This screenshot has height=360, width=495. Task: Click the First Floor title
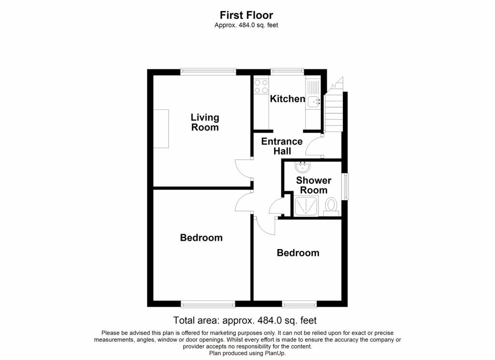click(x=247, y=15)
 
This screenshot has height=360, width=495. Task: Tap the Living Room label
click(x=205, y=122)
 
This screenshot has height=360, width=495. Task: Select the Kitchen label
click(x=287, y=99)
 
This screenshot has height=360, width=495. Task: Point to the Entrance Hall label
click(x=282, y=146)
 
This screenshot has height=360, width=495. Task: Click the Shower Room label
click(x=314, y=185)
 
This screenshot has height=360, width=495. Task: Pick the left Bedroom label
click(x=201, y=238)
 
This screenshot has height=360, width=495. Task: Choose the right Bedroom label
click(x=298, y=253)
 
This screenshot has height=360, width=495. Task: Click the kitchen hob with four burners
click(x=262, y=86)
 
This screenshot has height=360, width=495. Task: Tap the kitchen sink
click(x=314, y=101)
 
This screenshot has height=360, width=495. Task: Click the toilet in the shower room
click(x=331, y=205)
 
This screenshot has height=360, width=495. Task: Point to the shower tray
click(x=306, y=206)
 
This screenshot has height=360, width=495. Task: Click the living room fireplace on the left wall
click(x=161, y=129)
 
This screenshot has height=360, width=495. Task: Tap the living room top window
click(x=208, y=72)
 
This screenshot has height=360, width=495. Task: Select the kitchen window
click(x=287, y=72)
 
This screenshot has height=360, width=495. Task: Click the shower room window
click(x=345, y=186)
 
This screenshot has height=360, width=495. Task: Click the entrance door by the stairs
click(x=314, y=146)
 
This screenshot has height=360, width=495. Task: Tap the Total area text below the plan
click(x=245, y=320)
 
